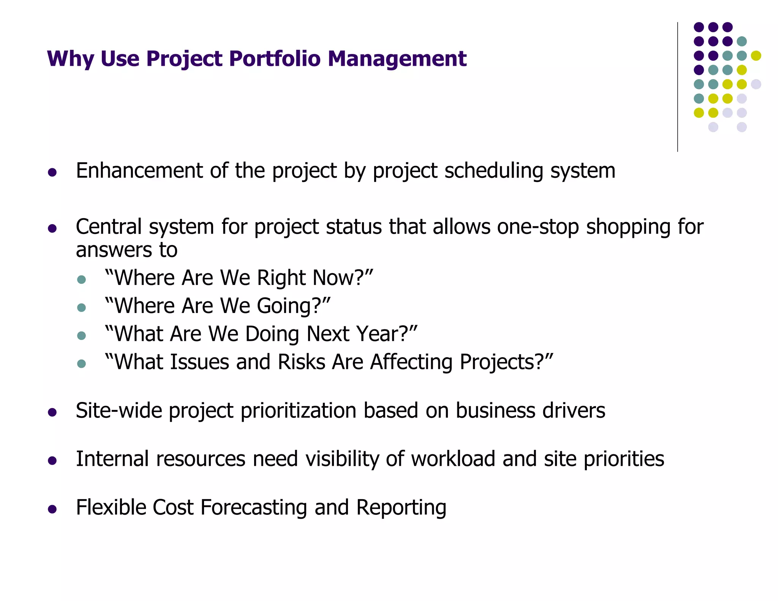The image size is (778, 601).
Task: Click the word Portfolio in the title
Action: click(x=275, y=59)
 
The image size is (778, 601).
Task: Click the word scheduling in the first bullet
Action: click(x=494, y=171)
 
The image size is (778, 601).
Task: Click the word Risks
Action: click(x=301, y=362)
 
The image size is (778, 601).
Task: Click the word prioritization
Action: click(x=299, y=411)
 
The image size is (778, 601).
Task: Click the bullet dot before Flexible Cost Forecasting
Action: click(x=52, y=509)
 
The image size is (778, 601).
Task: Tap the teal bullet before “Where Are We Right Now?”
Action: click(x=81, y=280)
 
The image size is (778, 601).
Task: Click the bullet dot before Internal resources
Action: click(x=52, y=461)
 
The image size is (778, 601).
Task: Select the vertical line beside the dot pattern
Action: click(x=677, y=87)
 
